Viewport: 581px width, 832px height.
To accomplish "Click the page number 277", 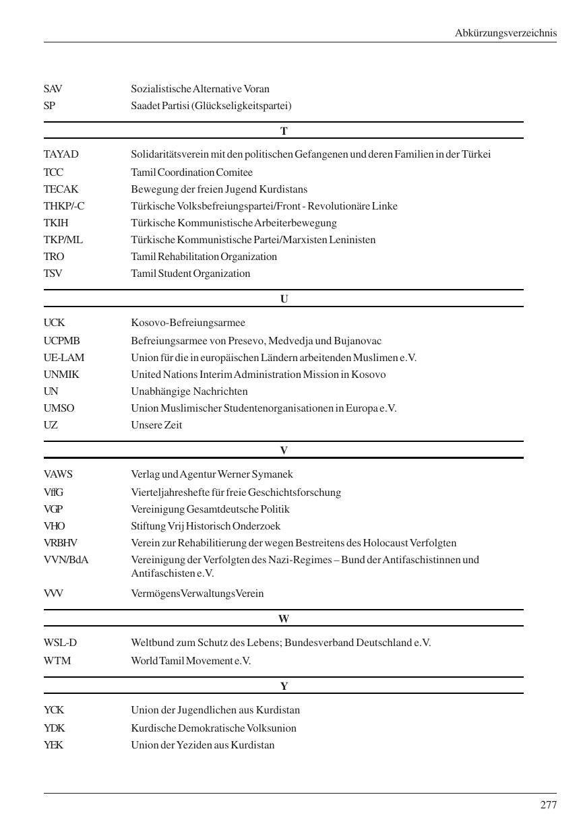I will [x=548, y=805].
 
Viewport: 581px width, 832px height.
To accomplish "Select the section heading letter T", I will [x=284, y=131].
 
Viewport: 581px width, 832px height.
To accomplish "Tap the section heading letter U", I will [x=284, y=299].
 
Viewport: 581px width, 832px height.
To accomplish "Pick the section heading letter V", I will [x=284, y=450].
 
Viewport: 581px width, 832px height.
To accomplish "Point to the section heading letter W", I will [x=284, y=618].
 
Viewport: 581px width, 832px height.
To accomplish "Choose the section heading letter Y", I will [x=284, y=686].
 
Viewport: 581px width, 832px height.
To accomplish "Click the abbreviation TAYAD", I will [x=61, y=154].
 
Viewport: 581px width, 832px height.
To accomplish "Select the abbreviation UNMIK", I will [x=61, y=375].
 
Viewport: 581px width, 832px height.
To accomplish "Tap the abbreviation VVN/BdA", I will [x=66, y=560].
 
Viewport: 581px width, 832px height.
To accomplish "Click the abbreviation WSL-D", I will [x=61, y=643].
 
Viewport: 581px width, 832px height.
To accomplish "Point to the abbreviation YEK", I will [x=54, y=745].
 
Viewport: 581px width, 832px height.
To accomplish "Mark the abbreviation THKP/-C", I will [x=64, y=206].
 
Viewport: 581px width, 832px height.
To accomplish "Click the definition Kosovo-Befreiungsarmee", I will [x=188, y=323].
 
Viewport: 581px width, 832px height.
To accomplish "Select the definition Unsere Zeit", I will [x=156, y=425].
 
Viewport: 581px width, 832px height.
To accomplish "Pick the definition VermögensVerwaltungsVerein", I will [x=197, y=594].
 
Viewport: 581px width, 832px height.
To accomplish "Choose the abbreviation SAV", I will [x=53, y=89].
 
